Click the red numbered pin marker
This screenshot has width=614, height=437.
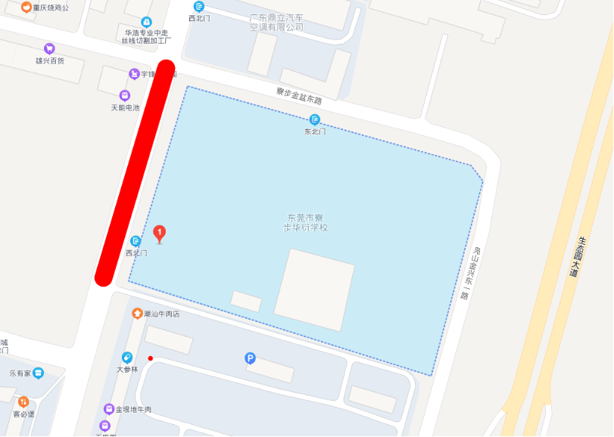[x=160, y=233]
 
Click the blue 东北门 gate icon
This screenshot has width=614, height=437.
[x=315, y=119]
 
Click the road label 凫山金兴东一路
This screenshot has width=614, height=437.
[x=469, y=272]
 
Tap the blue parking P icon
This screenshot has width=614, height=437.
[x=251, y=358]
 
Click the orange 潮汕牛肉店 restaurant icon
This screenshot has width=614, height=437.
[x=137, y=314]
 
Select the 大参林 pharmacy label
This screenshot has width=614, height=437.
[x=127, y=370]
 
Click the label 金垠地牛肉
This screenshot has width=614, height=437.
[x=133, y=409]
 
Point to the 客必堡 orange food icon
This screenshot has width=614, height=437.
[x=23, y=401]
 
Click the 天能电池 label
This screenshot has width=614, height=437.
[x=125, y=107]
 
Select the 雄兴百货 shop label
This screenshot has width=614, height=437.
[x=50, y=60]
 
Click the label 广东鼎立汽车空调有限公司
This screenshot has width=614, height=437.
[x=276, y=22]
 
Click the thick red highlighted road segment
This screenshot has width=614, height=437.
[x=136, y=172]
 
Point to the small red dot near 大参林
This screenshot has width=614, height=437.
[x=151, y=358]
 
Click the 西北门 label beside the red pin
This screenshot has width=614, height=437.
[x=136, y=253]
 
